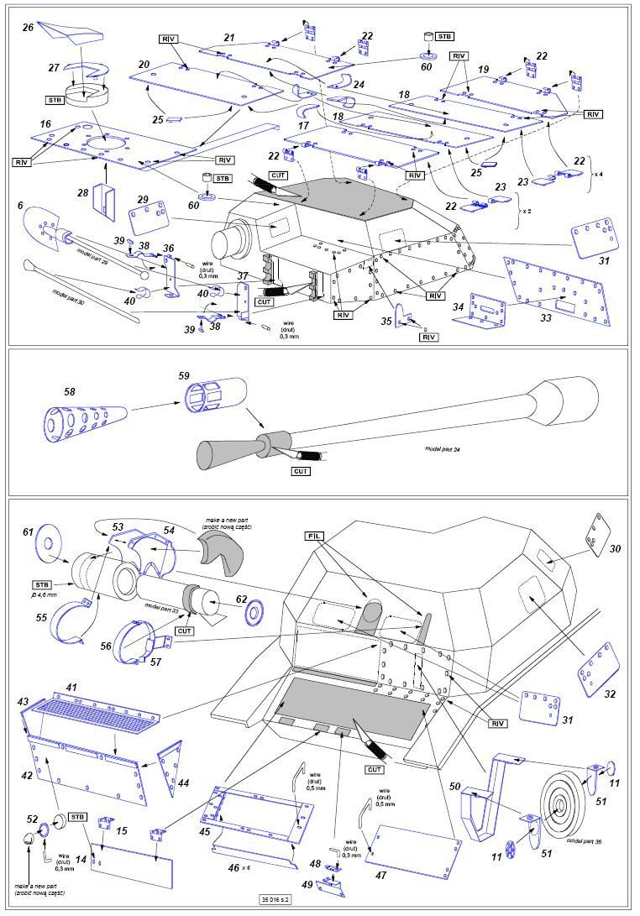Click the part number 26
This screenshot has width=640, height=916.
(28, 28)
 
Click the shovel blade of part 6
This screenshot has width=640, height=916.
(39, 222)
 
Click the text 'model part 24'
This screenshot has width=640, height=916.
(443, 450)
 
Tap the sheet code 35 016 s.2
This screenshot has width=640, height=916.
(319, 899)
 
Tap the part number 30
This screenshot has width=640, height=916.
(615, 548)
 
